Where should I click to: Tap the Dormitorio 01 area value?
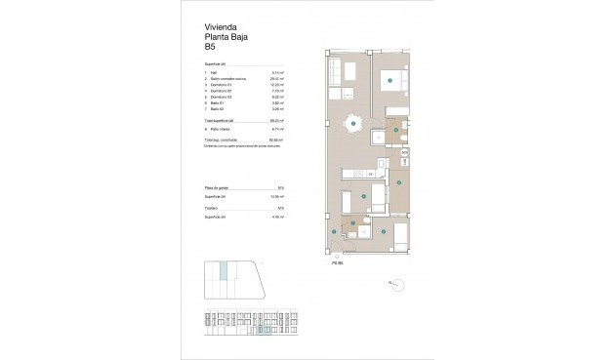276,85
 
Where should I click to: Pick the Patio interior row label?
223,128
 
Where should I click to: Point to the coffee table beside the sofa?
349,76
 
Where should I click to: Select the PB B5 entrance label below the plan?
337,261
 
